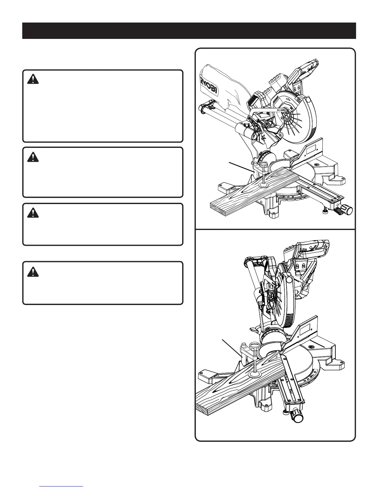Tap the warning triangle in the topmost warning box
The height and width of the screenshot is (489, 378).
[32, 80]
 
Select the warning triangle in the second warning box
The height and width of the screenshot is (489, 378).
[32, 157]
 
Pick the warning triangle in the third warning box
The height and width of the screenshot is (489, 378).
[32, 213]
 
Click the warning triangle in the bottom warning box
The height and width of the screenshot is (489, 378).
[32, 272]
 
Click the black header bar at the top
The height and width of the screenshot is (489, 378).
[189, 31]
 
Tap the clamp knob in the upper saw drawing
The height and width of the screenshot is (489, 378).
[265, 166]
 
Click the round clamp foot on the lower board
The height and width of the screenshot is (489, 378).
[254, 374]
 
